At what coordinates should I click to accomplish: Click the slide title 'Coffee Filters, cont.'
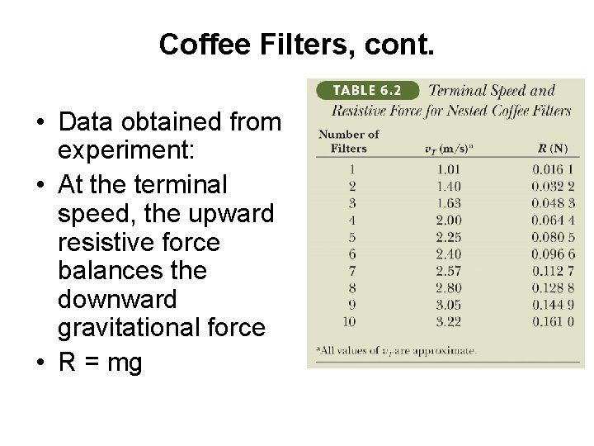[x=295, y=45]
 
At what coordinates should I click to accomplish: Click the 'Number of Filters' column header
[x=348, y=140]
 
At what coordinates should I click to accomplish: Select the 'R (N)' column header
[x=552, y=148]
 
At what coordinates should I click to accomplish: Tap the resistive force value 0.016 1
[x=552, y=171]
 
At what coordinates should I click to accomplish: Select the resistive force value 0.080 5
[x=552, y=236]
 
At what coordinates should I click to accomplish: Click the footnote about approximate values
[x=396, y=350]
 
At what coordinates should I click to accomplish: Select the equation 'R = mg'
[x=101, y=362]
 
